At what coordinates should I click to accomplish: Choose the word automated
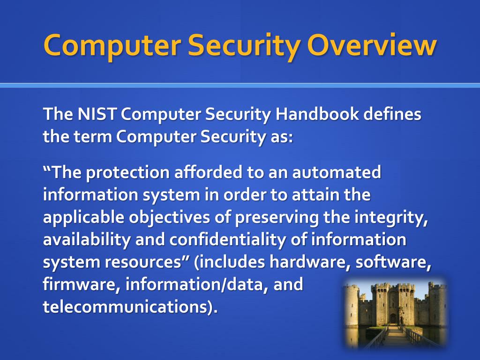click(x=337, y=173)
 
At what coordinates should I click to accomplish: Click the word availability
click(x=85, y=240)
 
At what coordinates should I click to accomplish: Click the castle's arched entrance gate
click(x=393, y=317)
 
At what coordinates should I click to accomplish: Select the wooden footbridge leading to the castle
click(x=394, y=337)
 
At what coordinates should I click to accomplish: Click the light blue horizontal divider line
click(x=240, y=85)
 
